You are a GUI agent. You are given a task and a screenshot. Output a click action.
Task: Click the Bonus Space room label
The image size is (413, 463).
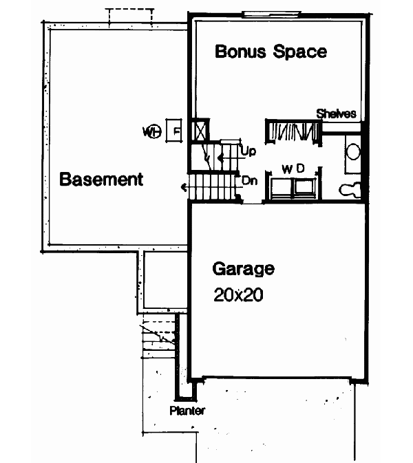point(271,52)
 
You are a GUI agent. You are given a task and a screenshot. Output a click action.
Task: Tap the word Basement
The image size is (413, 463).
point(101,180)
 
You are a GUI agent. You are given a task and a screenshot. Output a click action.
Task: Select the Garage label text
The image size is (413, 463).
point(243,268)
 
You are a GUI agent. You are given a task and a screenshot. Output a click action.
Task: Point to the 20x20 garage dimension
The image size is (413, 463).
point(237,295)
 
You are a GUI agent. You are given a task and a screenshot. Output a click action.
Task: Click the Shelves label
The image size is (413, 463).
point(336,114)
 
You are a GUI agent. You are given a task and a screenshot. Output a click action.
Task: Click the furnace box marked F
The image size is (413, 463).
point(176,131)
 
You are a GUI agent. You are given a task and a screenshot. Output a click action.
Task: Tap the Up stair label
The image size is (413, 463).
point(247,149)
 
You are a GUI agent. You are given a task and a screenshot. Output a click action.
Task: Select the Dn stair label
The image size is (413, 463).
point(249,181)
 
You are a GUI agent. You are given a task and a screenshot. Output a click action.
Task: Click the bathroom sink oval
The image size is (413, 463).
point(352,152)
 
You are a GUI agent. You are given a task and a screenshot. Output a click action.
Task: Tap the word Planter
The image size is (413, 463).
point(187,411)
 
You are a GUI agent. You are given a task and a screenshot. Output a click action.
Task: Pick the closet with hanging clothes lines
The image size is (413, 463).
point(293,131)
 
